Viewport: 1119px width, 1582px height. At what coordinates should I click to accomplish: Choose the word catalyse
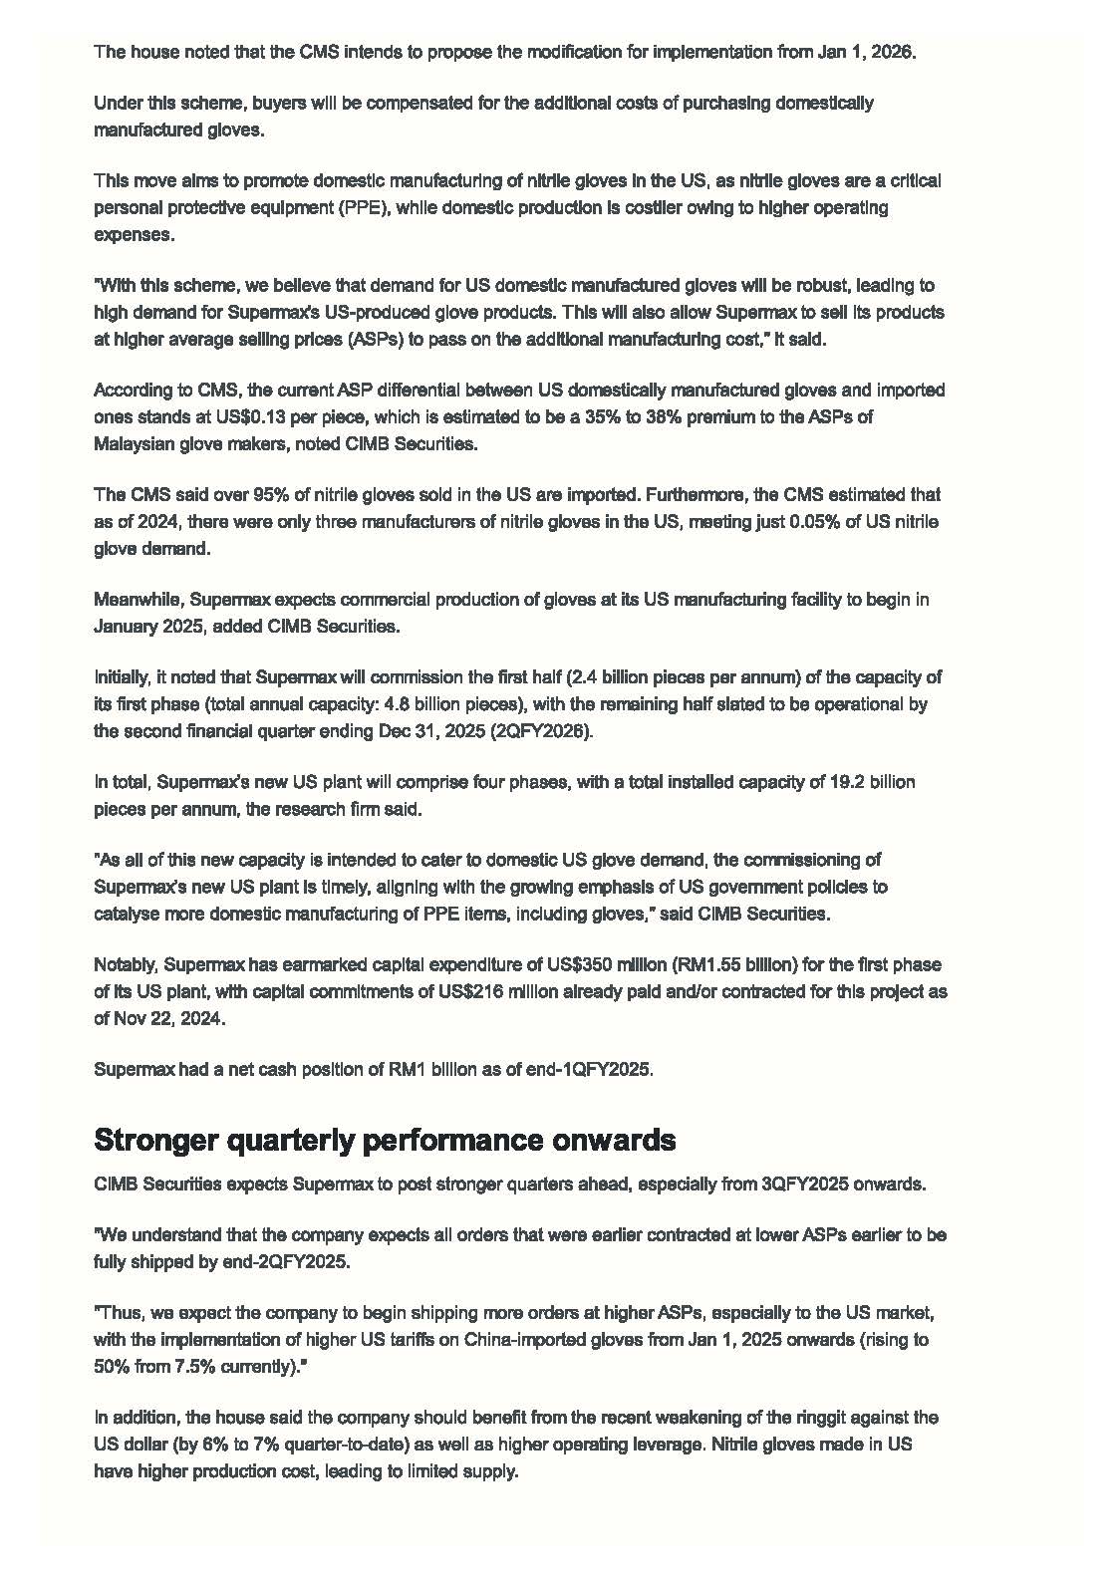click(x=128, y=914)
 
